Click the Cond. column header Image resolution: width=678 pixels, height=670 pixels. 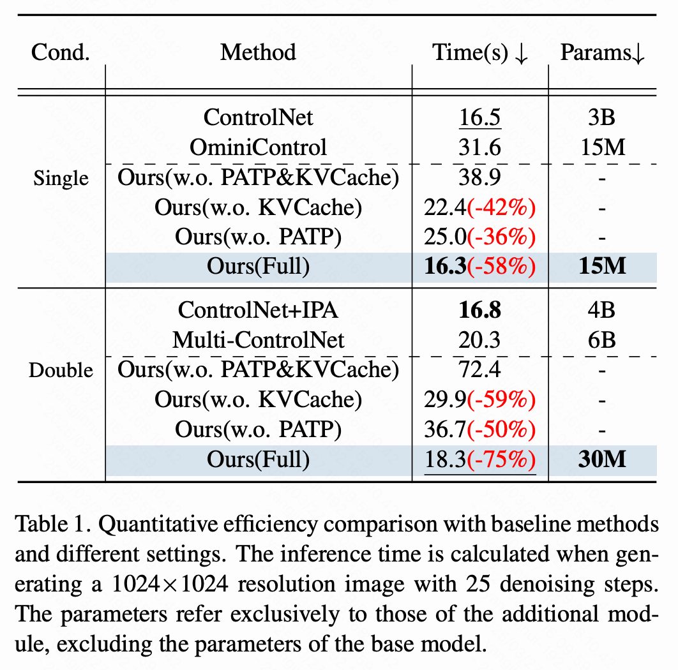[60, 53]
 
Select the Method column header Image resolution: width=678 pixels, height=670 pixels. [258, 53]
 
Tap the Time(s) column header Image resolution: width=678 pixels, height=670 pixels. [479, 53]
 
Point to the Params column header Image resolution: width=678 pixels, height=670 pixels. [602, 53]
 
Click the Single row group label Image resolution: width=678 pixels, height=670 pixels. [61, 178]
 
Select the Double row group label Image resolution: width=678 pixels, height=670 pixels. [61, 371]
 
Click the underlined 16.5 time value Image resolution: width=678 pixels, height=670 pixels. [480, 117]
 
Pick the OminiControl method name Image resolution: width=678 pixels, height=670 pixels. [258, 147]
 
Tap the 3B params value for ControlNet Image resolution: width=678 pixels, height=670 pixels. [601, 117]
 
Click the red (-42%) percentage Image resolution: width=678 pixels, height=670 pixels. [501, 207]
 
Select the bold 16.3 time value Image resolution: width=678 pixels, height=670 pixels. [446, 266]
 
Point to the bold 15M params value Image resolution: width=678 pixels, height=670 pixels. [602, 266]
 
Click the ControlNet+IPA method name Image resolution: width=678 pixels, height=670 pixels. [258, 310]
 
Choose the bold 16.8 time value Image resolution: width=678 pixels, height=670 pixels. [480, 310]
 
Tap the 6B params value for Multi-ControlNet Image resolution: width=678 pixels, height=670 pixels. [601, 340]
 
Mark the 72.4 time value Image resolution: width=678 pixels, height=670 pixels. [479, 369]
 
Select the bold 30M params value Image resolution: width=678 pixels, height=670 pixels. [602, 459]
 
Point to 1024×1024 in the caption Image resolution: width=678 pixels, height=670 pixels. [170, 584]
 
